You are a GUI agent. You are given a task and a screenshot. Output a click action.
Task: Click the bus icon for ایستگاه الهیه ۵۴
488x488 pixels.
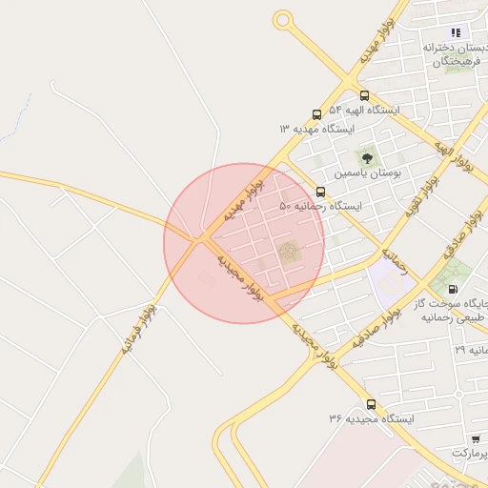(364, 95)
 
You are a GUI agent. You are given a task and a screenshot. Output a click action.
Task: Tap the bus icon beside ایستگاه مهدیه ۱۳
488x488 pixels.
(316, 114)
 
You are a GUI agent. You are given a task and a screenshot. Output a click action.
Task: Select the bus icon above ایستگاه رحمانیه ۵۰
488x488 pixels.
(319, 193)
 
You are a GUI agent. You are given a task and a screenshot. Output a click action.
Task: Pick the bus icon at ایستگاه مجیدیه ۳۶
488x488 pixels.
(371, 404)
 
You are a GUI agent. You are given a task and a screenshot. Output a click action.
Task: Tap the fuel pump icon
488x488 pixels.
(452, 289)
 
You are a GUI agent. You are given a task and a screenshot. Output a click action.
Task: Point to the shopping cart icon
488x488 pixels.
(476, 439)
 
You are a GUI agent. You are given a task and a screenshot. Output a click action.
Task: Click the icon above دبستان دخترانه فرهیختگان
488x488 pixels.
(456, 31)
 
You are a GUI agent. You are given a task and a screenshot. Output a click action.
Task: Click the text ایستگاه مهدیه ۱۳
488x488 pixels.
(316, 129)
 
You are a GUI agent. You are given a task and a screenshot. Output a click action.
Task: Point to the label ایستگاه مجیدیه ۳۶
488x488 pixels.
(371, 419)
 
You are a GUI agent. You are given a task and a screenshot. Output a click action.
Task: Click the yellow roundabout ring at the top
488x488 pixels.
(282, 19)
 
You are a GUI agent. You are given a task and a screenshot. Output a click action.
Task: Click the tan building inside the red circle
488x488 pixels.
(288, 252)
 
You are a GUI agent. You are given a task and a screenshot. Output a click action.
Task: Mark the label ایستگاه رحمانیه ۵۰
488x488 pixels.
(321, 207)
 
